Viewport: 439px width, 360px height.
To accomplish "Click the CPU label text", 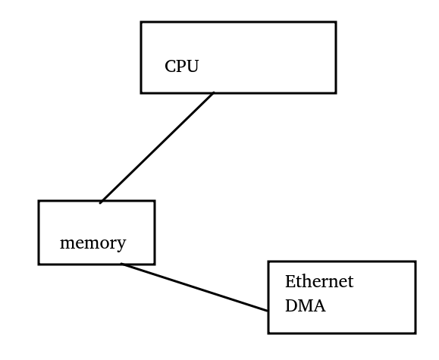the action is (x=182, y=67).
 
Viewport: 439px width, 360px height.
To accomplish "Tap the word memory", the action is (x=93, y=243).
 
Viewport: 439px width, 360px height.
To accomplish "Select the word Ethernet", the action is (x=319, y=281).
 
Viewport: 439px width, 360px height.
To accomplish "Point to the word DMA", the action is (x=305, y=305).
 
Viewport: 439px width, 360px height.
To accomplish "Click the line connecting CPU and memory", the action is (x=157, y=148).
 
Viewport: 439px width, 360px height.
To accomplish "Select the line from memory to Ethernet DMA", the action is (x=194, y=287).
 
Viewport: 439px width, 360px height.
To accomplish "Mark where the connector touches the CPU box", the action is (x=214, y=92).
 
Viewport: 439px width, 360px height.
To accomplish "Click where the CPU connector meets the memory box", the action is (x=100, y=202).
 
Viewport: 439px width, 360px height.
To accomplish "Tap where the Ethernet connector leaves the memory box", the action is (x=121, y=264).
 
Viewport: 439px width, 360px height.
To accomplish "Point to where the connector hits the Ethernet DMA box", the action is (x=268, y=311).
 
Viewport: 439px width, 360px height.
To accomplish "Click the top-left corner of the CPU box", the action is (x=141, y=22).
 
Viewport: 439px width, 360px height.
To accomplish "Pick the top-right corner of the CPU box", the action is (x=336, y=22).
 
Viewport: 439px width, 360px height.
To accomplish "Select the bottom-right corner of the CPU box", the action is (x=336, y=92).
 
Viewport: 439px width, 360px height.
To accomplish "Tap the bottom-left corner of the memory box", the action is (x=39, y=264).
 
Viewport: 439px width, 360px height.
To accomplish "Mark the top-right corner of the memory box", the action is (x=155, y=201).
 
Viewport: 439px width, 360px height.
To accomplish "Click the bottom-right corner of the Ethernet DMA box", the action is (x=415, y=333).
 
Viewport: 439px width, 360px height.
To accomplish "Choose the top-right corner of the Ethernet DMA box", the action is (x=415, y=261).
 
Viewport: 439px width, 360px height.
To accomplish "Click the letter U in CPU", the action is (x=193, y=67).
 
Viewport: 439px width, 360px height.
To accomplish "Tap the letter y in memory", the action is (x=121, y=246).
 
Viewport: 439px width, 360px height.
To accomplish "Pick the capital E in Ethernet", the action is (x=290, y=281).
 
